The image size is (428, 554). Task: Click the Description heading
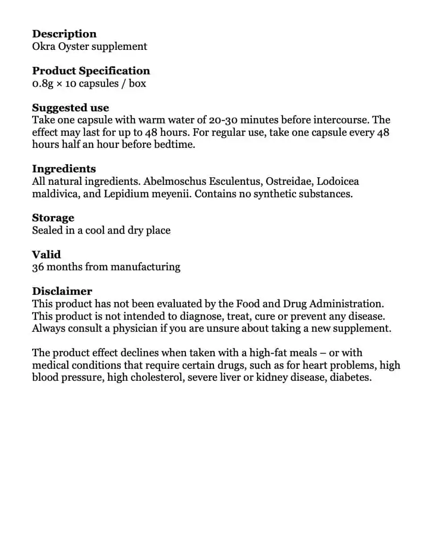pyautogui.click(x=64, y=34)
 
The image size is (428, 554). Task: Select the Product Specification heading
pyautogui.click(x=91, y=71)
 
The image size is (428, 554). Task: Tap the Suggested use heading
pyautogui.click(x=70, y=108)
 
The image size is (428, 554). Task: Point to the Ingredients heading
pyautogui.click(x=64, y=169)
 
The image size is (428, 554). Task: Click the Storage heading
pyautogui.click(x=53, y=218)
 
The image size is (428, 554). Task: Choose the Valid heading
pyautogui.click(x=46, y=254)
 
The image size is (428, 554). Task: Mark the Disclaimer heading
pyautogui.click(x=62, y=291)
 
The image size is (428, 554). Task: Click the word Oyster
pyautogui.click(x=74, y=46)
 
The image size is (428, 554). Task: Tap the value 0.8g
pyautogui.click(x=42, y=83)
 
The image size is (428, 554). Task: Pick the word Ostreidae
pyautogui.click(x=288, y=181)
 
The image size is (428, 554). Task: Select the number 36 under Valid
pyautogui.click(x=37, y=267)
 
